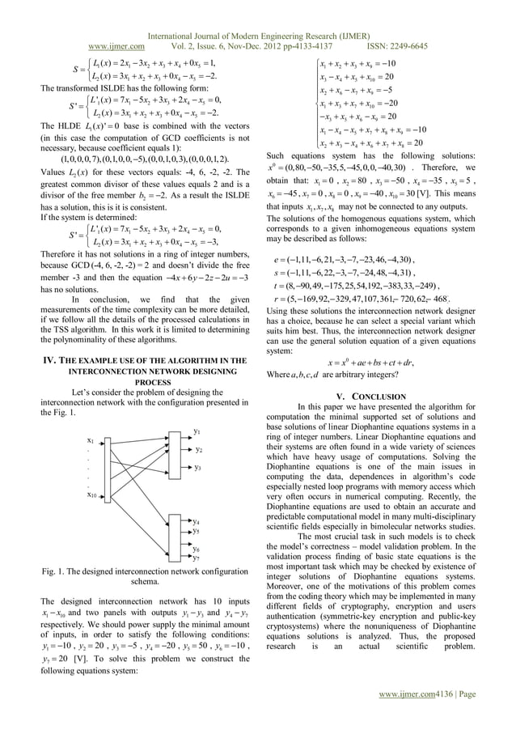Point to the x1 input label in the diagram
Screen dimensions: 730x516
[x=91, y=439]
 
